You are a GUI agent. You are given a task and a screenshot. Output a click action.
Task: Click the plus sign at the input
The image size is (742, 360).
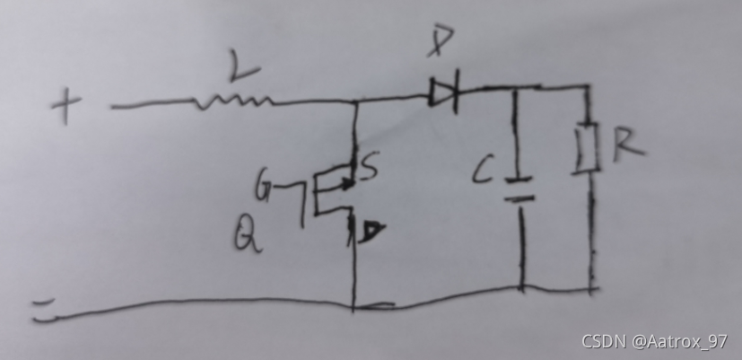click(x=65, y=108)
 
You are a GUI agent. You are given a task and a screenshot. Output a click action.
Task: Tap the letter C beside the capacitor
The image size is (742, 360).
click(x=483, y=171)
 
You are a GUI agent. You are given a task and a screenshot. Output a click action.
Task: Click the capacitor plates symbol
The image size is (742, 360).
click(x=519, y=188)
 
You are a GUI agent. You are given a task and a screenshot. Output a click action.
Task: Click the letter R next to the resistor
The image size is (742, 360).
click(x=627, y=144)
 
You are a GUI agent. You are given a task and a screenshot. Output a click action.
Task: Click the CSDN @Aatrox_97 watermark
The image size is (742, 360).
click(x=654, y=342)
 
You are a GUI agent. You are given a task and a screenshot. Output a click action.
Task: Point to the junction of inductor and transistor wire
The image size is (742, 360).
click(x=356, y=103)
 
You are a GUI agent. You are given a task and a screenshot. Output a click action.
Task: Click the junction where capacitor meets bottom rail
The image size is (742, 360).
click(x=521, y=288)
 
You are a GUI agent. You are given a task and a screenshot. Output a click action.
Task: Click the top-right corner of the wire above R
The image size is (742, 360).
click(x=589, y=88)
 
